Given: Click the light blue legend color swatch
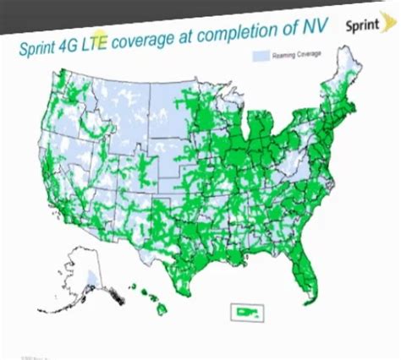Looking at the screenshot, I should pyautogui.click(x=261, y=55).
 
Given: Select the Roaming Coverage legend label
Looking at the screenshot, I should pyautogui.click(x=290, y=55).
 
